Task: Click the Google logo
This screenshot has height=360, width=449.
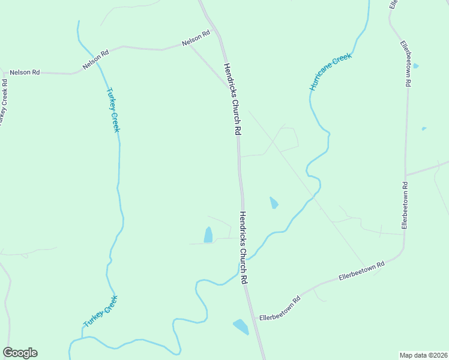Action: (x=20, y=353)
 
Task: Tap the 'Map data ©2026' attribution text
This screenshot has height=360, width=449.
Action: (x=423, y=355)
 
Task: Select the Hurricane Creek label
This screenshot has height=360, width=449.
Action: (x=330, y=71)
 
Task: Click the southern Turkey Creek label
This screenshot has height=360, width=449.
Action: (x=100, y=311)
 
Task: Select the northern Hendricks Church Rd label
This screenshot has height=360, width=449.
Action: (x=232, y=99)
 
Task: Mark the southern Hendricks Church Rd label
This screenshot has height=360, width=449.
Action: (x=244, y=247)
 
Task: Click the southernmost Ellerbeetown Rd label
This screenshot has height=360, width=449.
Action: (x=279, y=308)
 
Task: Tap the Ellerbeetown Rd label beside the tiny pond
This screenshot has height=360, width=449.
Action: (x=406, y=64)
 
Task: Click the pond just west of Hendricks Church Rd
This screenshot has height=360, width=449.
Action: (x=208, y=235)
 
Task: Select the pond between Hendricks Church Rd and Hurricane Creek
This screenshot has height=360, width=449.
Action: (x=274, y=203)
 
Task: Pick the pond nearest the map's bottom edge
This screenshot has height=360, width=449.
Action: (x=241, y=327)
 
